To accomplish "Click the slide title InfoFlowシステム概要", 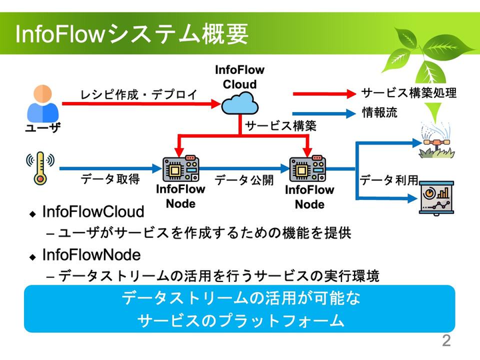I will [x=131, y=33].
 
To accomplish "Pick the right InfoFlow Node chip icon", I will [x=308, y=169].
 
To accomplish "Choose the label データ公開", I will [x=244, y=180].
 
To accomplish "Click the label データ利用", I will [x=389, y=180].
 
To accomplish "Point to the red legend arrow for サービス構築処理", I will [x=323, y=93].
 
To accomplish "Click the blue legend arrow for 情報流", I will [x=323, y=113].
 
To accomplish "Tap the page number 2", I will [x=446, y=341].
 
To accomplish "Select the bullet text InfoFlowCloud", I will [x=93, y=212].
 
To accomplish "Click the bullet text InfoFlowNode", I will [x=91, y=255].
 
